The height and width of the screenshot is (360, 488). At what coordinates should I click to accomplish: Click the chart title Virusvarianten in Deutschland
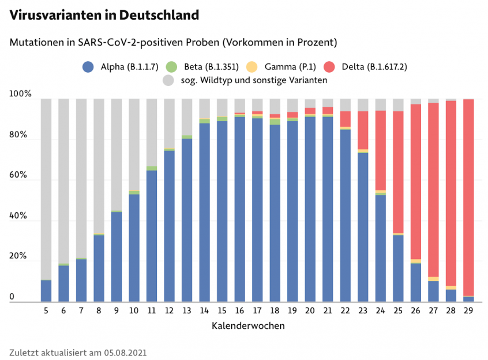pos(104,16)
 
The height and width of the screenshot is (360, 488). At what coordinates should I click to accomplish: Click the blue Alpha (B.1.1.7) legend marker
pos(88,66)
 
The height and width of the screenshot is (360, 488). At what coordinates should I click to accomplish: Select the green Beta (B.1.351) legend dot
pos(171,66)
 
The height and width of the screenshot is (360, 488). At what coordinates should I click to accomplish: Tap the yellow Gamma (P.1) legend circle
pos(251,66)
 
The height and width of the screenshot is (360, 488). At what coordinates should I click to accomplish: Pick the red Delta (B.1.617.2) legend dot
pos(329,66)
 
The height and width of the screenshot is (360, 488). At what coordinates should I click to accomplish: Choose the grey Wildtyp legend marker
pos(169,80)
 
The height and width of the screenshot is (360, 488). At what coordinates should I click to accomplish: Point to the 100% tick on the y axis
pos(21,94)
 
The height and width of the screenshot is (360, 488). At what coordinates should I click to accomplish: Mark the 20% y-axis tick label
pos(19,256)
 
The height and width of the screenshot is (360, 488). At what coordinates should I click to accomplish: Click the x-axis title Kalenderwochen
pos(248,325)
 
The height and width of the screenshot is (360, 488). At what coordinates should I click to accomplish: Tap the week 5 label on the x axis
pos(46,310)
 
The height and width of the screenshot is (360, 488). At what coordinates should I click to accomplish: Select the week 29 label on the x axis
pos(468,310)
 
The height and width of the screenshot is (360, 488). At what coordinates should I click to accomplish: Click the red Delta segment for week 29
pos(468,196)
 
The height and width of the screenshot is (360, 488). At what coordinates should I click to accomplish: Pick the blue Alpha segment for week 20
pos(310,208)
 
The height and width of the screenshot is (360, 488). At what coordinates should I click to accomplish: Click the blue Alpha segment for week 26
pos(416,283)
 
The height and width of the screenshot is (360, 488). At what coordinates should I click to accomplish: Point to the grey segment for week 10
pos(134,144)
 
